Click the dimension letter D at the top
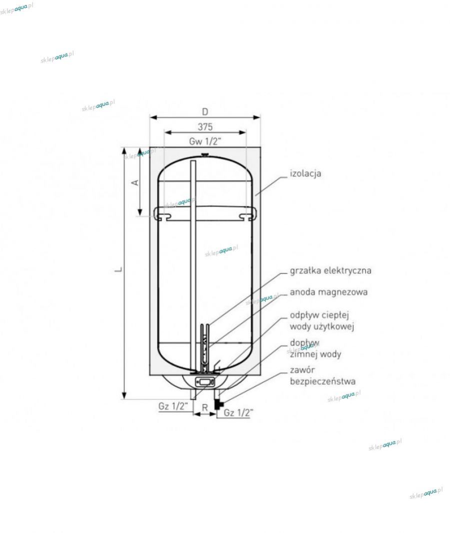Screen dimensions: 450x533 [x=205, y=111]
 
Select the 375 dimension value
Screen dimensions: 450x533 [x=205, y=127]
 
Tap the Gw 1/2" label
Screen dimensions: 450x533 [x=205, y=141]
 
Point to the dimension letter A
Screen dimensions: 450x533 [x=135, y=183]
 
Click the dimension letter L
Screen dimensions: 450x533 [x=118, y=269]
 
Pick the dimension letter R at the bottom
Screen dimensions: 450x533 [x=204, y=408]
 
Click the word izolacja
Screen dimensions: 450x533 [x=305, y=173]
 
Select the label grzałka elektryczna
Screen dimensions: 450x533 [x=330, y=271]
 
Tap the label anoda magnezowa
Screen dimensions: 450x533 [x=328, y=292]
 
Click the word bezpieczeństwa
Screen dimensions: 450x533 [x=323, y=381]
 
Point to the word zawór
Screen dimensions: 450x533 [x=302, y=369]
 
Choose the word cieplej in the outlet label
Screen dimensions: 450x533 [x=336, y=315]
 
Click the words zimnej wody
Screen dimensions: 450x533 [x=315, y=354]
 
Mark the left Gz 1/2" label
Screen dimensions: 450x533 [x=173, y=406]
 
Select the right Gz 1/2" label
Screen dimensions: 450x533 [x=238, y=413]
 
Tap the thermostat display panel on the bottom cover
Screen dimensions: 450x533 [x=204, y=382]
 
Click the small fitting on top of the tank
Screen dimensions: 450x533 [x=205, y=155]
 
